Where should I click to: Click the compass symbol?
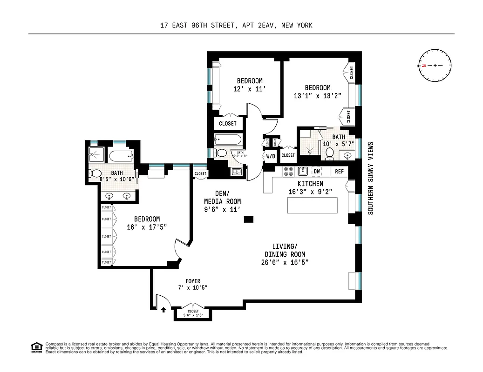click(435, 66)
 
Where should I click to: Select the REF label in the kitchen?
click(340, 172)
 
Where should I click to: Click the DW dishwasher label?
click(317, 172)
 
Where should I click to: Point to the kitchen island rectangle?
click(312, 205)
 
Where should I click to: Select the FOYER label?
click(193, 281)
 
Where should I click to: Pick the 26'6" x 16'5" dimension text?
click(285, 263)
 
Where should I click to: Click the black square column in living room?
click(249, 219)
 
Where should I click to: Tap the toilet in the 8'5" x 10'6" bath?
click(95, 174)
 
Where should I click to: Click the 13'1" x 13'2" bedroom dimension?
click(318, 96)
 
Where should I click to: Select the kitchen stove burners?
click(289, 171)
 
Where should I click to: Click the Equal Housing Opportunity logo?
click(35, 346)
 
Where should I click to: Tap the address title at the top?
click(241, 26)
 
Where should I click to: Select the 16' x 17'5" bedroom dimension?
click(147, 227)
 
